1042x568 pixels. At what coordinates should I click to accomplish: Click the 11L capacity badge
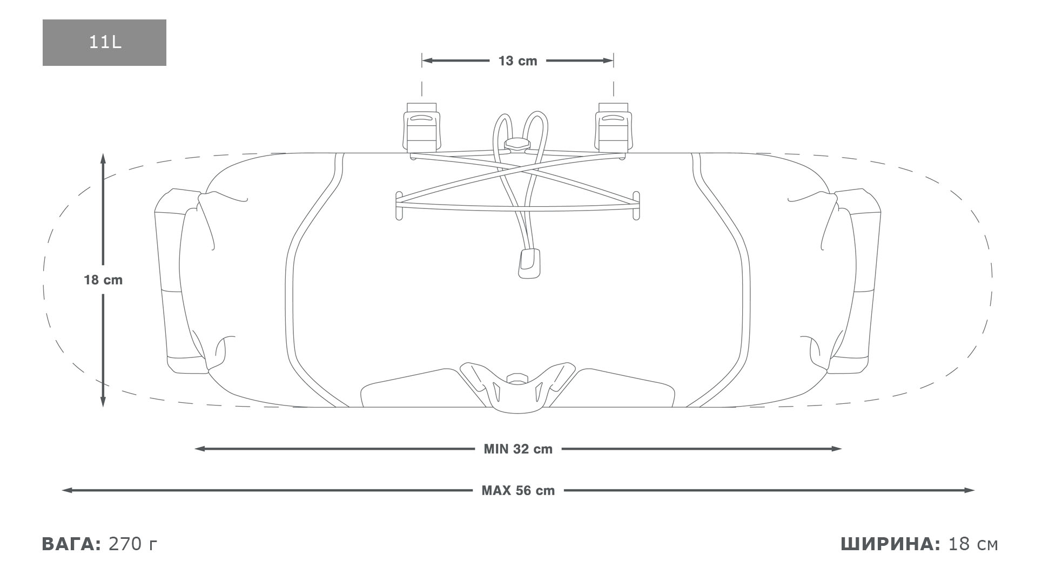(x=104, y=43)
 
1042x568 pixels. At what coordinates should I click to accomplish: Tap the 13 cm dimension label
(x=517, y=61)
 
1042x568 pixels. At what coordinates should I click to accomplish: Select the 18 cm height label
(x=103, y=280)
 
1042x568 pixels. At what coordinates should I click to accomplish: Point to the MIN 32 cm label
(x=518, y=449)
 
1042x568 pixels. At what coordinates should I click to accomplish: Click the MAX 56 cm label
(x=518, y=491)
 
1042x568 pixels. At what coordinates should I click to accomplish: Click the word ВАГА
(x=71, y=544)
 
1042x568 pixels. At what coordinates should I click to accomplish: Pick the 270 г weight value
(x=133, y=544)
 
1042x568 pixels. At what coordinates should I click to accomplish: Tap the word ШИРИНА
(x=890, y=544)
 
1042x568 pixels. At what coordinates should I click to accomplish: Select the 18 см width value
(x=973, y=544)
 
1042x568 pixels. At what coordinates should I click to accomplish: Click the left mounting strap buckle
(x=422, y=127)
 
